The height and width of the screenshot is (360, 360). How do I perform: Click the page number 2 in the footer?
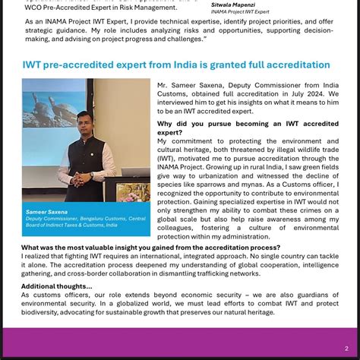click(x=346, y=349)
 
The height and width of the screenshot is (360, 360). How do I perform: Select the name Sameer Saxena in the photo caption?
click(x=46, y=212)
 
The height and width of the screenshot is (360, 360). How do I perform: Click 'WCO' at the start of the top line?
click(x=34, y=8)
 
